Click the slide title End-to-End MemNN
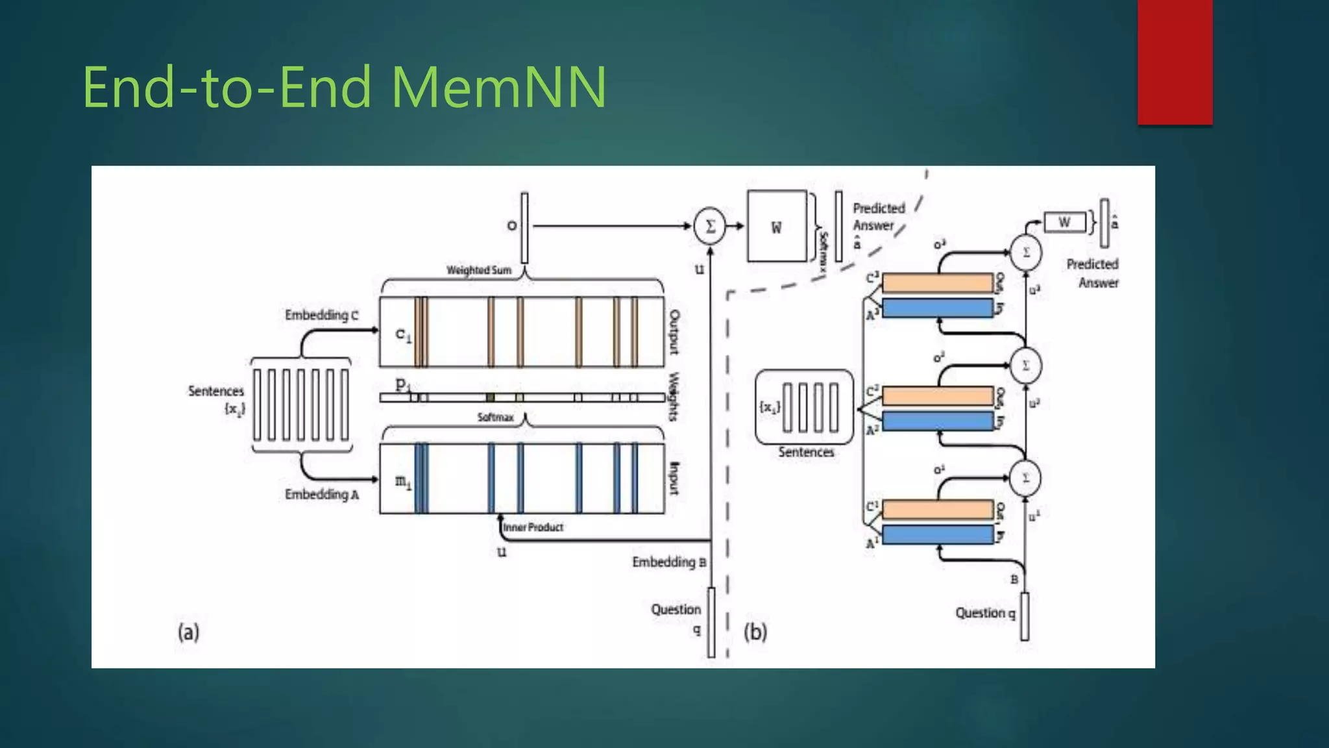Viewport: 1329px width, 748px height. (344, 87)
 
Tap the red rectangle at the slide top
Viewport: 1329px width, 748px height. (1175, 62)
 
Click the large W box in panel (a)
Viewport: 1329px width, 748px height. (777, 227)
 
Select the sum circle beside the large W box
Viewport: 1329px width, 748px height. (709, 226)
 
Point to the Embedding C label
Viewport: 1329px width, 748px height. (321, 315)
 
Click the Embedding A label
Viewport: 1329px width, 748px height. (322, 495)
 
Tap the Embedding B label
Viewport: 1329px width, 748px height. (669, 562)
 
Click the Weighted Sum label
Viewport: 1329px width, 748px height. (479, 270)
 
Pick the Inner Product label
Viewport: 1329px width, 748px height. (533, 527)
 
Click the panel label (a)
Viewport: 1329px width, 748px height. (188, 632)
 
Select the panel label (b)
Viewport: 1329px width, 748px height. (755, 632)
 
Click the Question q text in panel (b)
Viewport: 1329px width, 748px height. (984, 613)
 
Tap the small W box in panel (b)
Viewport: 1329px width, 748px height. (1064, 223)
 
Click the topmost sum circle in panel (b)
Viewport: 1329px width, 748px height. (1026, 253)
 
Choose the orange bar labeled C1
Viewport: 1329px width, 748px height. (938, 510)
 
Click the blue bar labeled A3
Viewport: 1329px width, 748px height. (938, 308)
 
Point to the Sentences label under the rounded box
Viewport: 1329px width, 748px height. (806, 452)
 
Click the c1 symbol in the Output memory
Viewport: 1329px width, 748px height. (403, 335)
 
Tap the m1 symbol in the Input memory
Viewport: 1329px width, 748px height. (403, 482)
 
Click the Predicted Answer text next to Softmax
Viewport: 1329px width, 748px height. (877, 217)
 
